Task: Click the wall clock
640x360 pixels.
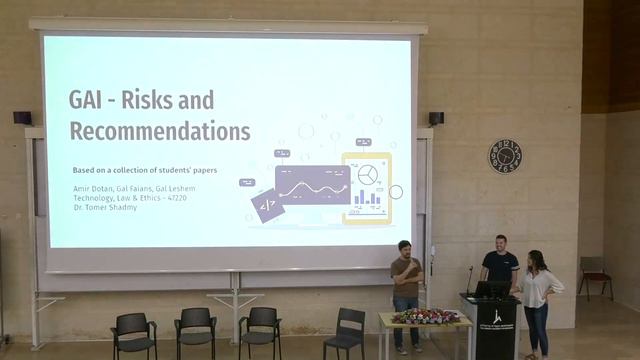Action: click(505, 155)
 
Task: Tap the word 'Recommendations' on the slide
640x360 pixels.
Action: click(159, 131)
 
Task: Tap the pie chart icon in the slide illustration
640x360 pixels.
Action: click(368, 175)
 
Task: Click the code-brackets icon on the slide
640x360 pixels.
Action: click(267, 206)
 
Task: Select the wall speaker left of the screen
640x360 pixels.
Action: click(22, 118)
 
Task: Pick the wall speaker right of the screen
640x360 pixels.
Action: click(436, 118)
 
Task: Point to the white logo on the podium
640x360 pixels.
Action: click(497, 317)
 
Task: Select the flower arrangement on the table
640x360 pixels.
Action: click(426, 316)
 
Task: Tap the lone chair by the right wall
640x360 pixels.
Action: click(595, 276)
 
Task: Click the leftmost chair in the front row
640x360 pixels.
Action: click(133, 334)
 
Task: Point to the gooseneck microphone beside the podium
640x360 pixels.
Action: click(469, 279)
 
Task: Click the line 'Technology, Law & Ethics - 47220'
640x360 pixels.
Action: click(131, 198)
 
